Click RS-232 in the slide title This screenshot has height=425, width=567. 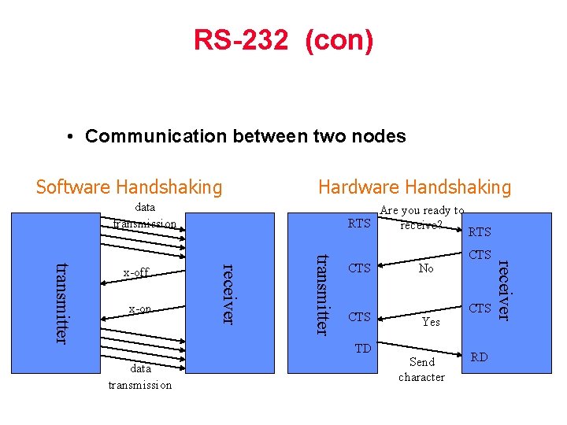[241, 40]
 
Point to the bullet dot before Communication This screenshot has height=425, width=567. [71, 136]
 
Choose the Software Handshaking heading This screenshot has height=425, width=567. [129, 187]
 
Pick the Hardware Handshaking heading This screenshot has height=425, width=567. [414, 187]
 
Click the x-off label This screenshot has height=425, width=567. [135, 272]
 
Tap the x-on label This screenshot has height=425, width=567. [139, 309]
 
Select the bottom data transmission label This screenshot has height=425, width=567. [139, 376]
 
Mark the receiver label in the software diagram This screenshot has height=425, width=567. [228, 291]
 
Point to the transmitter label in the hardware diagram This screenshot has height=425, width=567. [321, 293]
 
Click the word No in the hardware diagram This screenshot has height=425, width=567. [426, 268]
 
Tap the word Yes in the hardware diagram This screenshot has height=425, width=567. [431, 322]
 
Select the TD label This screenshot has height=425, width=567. [362, 348]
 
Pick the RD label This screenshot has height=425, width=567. [480, 357]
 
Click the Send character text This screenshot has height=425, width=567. [421, 370]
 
